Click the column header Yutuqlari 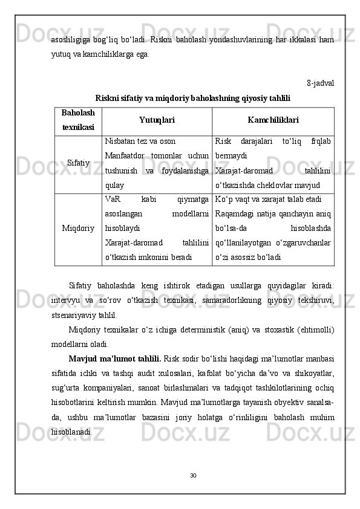(157, 120)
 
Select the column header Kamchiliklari (273, 120)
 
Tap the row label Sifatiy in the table (79, 163)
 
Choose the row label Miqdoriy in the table (78, 229)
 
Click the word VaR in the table (113, 198)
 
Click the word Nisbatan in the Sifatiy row (119, 141)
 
